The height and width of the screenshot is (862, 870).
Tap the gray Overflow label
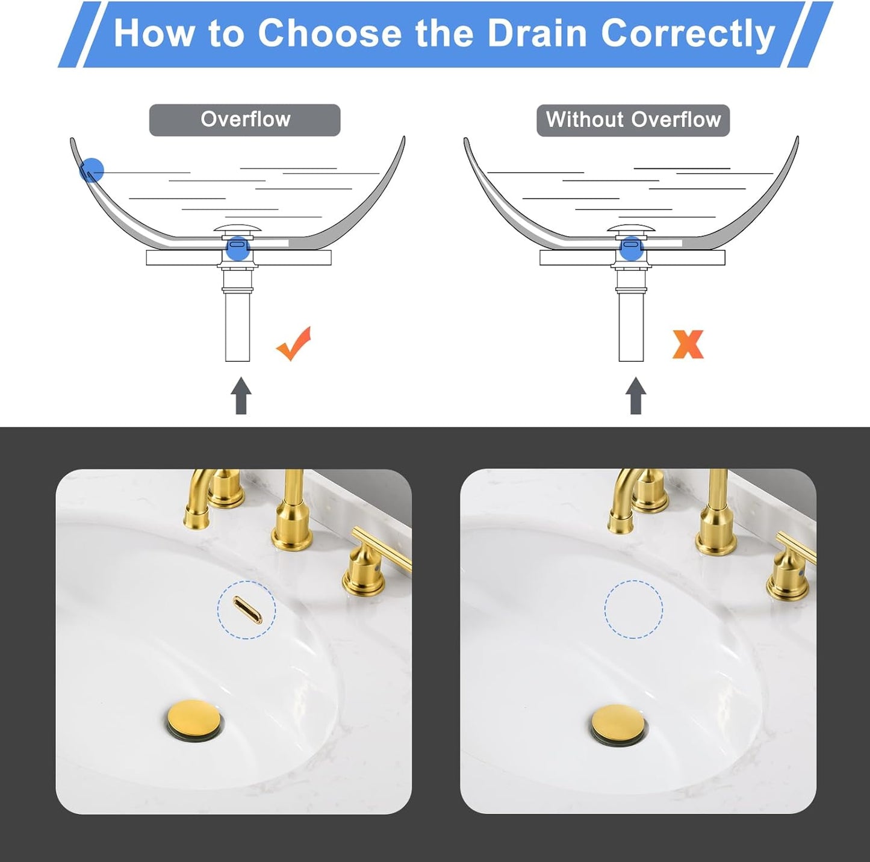point(245,120)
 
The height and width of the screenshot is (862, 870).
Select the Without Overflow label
point(633,120)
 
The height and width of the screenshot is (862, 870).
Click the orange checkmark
point(294,344)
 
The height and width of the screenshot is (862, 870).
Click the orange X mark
point(688,344)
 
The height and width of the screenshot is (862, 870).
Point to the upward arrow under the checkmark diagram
point(241,395)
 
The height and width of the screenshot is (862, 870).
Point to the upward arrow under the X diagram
point(635,395)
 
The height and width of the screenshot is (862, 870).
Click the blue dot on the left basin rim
point(92,170)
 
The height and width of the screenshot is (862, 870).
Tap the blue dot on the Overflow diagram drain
point(238,248)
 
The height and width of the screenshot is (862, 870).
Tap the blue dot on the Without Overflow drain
point(631,248)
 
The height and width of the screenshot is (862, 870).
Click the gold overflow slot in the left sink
point(247,610)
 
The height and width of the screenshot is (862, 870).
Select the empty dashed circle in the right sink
point(633,609)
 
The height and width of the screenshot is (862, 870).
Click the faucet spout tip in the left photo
point(197,519)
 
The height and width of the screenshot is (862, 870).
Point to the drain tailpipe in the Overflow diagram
point(237,325)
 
